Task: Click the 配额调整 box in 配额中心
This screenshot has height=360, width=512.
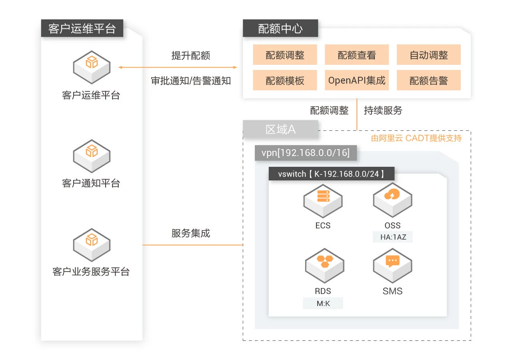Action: click(x=285, y=55)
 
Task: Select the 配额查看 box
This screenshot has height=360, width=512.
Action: click(x=357, y=55)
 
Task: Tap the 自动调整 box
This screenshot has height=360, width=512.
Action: click(x=429, y=55)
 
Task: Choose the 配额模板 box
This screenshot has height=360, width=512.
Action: click(x=285, y=80)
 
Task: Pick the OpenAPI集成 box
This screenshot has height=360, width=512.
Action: click(x=357, y=80)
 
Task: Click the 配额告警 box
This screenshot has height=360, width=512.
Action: click(x=429, y=80)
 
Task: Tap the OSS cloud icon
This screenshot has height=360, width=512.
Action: click(x=392, y=198)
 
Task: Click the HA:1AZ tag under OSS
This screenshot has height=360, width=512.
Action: click(x=393, y=237)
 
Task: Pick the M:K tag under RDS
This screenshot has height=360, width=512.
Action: click(x=323, y=303)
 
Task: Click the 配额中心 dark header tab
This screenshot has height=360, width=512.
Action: click(x=280, y=29)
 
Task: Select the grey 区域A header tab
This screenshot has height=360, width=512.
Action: click(x=280, y=130)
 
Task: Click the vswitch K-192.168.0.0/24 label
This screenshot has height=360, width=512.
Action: click(x=332, y=174)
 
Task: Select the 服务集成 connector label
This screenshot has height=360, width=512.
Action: click(x=190, y=233)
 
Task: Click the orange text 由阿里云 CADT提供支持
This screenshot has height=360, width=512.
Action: click(x=416, y=138)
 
